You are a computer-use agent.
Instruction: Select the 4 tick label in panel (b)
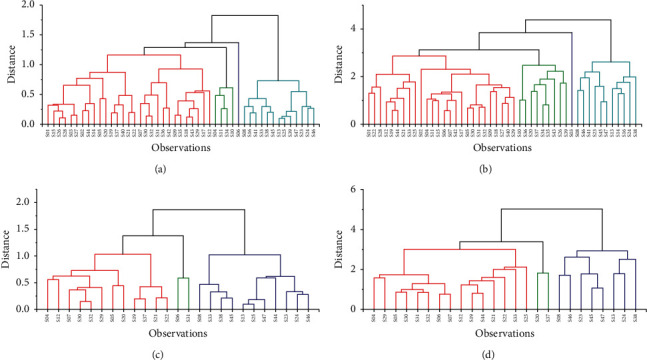[351, 28]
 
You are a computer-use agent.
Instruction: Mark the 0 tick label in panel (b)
[351, 124]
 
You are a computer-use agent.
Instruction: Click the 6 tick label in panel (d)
[351, 190]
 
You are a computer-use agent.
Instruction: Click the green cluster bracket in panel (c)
[183, 279]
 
